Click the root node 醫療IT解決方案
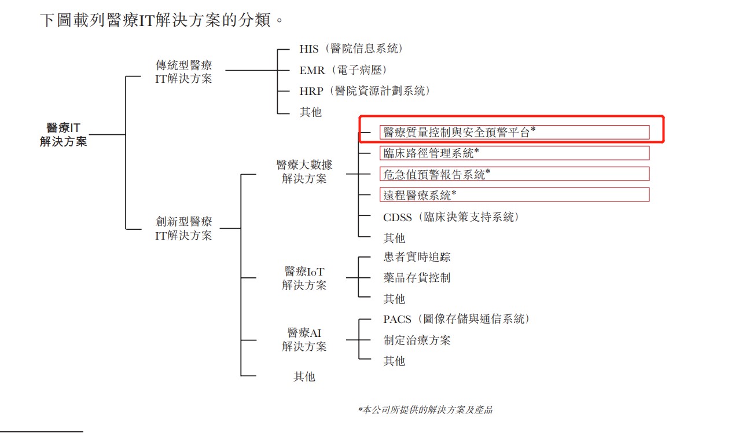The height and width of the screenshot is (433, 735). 63,134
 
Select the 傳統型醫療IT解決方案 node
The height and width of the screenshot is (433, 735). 183,71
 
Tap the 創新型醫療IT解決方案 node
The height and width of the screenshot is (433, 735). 183,228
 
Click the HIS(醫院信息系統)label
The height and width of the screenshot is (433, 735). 351,49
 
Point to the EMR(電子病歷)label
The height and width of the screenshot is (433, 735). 343,70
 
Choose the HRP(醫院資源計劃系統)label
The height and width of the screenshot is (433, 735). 365,91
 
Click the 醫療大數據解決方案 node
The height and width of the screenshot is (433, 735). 304,172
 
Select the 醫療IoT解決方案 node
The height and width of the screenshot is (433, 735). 304,278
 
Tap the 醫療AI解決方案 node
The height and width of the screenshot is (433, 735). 304,339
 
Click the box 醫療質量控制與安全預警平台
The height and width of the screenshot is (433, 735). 515,132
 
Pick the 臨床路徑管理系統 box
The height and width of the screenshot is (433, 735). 515,153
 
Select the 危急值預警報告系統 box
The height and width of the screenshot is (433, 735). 515,174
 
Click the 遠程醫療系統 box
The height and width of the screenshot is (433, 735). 515,195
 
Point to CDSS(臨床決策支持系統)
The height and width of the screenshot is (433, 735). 451,217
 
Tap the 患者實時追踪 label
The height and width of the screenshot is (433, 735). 417,256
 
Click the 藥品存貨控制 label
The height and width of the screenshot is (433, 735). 417,277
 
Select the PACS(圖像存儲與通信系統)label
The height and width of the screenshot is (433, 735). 456,319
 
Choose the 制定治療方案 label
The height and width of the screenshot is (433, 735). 417,340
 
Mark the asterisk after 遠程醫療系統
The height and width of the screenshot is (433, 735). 454,192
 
